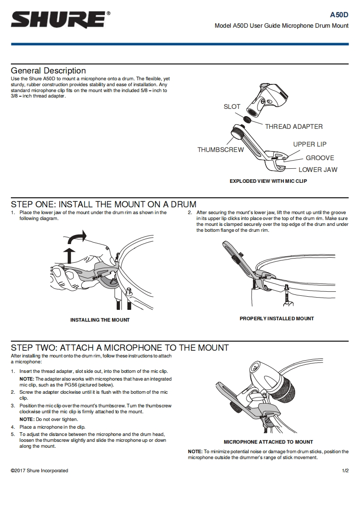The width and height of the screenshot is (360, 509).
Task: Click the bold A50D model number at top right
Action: point(339,15)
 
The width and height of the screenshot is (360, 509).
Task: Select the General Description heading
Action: point(48,71)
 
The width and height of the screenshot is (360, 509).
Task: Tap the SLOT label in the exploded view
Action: point(232,107)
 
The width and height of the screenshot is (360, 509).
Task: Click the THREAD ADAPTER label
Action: point(294,127)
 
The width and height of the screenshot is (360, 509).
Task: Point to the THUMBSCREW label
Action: point(220,150)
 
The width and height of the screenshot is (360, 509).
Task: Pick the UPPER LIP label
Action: point(310,144)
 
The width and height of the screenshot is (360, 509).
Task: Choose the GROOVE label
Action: point(320,158)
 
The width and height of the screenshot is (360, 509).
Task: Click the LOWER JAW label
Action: point(318,170)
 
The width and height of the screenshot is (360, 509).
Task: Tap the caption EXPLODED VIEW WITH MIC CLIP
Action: point(268,181)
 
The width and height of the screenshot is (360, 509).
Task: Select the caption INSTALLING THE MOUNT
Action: point(100,320)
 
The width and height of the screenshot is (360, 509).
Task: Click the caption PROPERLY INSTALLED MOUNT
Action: point(276,318)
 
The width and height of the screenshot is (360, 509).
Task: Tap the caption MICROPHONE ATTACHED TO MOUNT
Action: point(268,442)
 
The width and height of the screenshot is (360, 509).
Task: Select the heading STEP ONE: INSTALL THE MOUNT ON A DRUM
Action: point(104,205)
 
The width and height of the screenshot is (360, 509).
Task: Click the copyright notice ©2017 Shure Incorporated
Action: point(39,470)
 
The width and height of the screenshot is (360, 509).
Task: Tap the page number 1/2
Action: point(345,470)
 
